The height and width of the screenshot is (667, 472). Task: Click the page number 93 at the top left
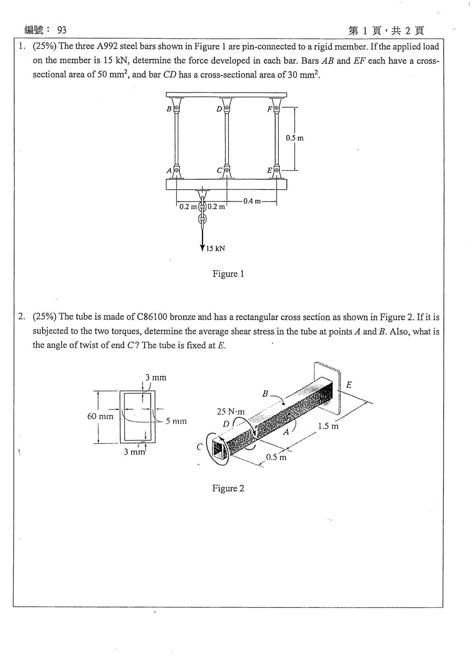pyautogui.click(x=62, y=30)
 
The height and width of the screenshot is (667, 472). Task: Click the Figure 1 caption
pyautogui.click(x=228, y=274)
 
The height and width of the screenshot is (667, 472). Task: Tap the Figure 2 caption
pyautogui.click(x=228, y=489)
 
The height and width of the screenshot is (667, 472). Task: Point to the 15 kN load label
pyautogui.click(x=216, y=248)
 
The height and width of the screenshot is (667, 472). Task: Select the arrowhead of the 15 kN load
pyautogui.click(x=202, y=248)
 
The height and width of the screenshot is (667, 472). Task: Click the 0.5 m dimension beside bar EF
pyautogui.click(x=295, y=138)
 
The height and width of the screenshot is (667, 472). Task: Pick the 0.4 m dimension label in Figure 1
pyautogui.click(x=252, y=201)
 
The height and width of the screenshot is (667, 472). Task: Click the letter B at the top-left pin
pyautogui.click(x=169, y=109)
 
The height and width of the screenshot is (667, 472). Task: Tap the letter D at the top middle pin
pyautogui.click(x=219, y=110)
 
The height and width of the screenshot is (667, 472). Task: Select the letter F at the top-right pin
pyautogui.click(x=270, y=109)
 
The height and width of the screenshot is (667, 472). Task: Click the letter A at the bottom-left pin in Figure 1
pyautogui.click(x=169, y=171)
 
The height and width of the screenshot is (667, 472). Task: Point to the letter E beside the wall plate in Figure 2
pyautogui.click(x=349, y=385)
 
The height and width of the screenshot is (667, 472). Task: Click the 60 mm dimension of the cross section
pyautogui.click(x=100, y=416)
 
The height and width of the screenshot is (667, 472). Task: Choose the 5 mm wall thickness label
pyautogui.click(x=176, y=421)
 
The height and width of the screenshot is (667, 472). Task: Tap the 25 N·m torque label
pyautogui.click(x=230, y=412)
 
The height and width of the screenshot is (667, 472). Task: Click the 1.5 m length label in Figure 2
pyautogui.click(x=328, y=426)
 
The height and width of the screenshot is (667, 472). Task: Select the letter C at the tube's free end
pyautogui.click(x=200, y=447)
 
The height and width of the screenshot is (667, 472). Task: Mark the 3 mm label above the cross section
pyautogui.click(x=155, y=378)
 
